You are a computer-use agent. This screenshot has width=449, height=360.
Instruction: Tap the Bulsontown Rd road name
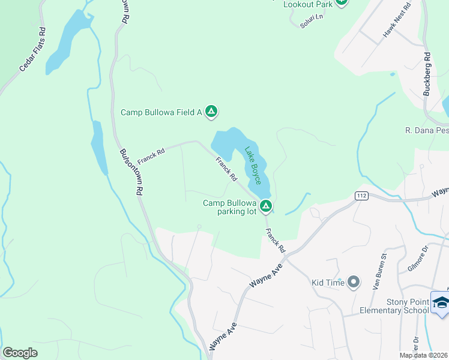click(x=131, y=172)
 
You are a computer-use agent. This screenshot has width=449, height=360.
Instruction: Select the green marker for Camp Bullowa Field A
click(x=211, y=111)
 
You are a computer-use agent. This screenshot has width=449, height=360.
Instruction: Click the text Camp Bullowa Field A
click(x=161, y=112)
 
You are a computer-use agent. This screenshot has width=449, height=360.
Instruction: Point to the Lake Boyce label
click(x=253, y=165)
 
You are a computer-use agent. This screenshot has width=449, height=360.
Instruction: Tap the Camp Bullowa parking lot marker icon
click(x=265, y=206)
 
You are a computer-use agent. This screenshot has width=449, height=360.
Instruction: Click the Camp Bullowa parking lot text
click(x=229, y=207)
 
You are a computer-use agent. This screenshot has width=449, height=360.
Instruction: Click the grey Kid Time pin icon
click(x=354, y=281)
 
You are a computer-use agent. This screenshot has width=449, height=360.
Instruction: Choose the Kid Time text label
click(x=328, y=283)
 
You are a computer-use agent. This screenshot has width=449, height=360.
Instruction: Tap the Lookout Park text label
click(x=308, y=4)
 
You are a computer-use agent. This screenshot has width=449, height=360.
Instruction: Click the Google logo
click(x=20, y=353)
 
